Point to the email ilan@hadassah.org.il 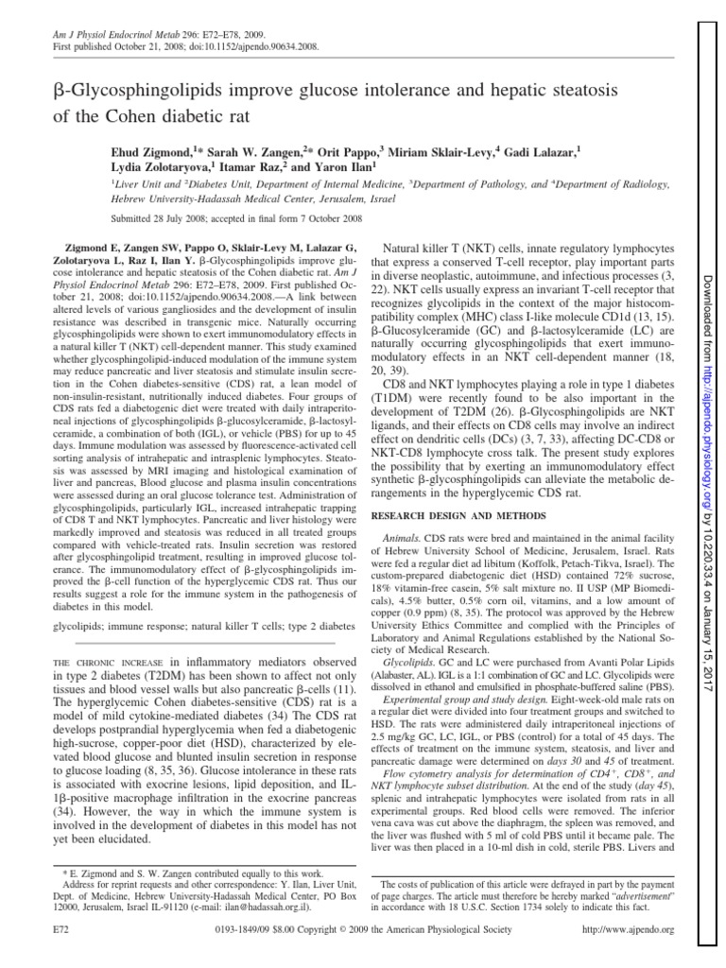pos(241,905)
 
